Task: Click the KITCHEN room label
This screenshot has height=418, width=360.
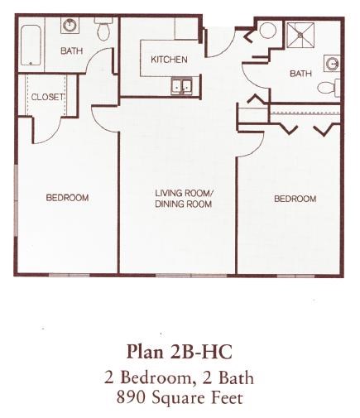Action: click(x=169, y=60)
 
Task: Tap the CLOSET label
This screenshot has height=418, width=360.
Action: click(x=46, y=97)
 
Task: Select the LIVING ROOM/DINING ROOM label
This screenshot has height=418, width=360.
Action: click(x=184, y=198)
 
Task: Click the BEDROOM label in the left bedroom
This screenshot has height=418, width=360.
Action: click(x=67, y=198)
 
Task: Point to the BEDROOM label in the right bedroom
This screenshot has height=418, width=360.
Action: click(x=295, y=199)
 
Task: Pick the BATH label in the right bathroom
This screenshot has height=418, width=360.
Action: click(x=300, y=74)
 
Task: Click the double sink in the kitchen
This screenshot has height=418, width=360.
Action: click(x=180, y=85)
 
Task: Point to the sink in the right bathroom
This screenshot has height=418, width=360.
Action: click(x=332, y=63)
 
